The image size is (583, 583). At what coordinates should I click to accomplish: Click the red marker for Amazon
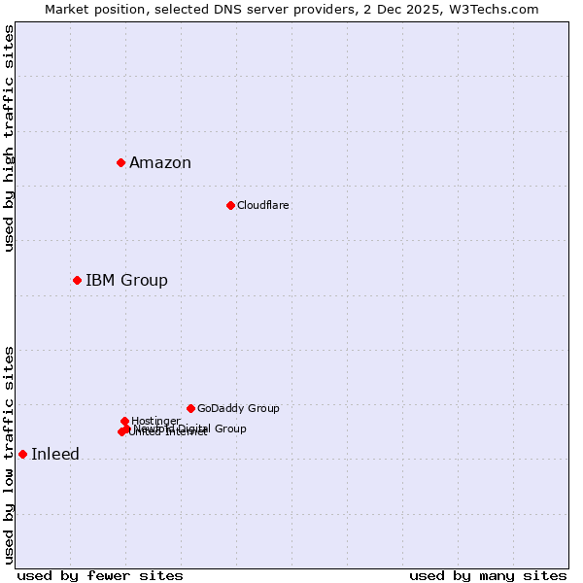point(120,162)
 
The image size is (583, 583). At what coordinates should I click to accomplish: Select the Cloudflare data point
point(230,205)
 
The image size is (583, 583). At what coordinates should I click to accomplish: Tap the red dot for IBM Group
point(77,280)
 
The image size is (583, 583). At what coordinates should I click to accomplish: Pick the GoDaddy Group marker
point(190,408)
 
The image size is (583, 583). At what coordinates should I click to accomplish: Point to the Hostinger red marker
point(124,421)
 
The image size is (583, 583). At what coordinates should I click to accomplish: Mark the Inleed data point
point(22,454)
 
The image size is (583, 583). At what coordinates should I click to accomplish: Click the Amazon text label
point(160,163)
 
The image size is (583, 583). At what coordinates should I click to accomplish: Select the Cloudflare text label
point(263,206)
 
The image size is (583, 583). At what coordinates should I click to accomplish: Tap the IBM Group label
point(126,281)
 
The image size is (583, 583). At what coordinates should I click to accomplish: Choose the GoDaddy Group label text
point(238,409)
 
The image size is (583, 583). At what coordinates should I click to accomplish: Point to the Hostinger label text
point(155,421)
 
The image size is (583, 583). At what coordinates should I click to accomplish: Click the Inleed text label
point(55,455)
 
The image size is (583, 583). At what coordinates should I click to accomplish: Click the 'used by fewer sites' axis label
point(100,576)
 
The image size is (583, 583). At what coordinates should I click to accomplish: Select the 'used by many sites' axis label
point(488,576)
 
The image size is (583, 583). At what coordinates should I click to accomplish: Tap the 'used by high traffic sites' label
point(10,138)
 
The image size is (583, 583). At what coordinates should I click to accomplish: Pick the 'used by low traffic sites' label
point(10,455)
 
